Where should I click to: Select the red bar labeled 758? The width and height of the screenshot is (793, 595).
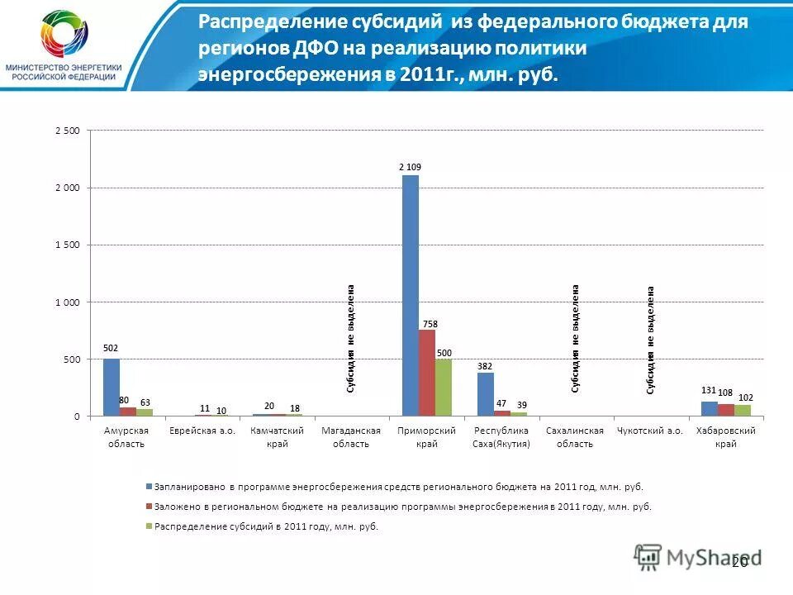427,373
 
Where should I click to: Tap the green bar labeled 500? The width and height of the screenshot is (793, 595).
444,388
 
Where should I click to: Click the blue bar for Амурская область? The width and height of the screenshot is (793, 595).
112,388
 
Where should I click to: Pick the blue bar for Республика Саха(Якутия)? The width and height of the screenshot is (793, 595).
486,394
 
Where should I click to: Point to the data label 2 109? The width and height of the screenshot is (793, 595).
411,167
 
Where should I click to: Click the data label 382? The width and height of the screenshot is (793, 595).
485,364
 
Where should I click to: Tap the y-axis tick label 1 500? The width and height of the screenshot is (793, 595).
68,245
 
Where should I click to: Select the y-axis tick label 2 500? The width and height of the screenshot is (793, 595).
68,131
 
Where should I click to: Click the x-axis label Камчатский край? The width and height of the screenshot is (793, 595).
277,436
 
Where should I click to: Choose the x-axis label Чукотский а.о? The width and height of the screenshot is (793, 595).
650,431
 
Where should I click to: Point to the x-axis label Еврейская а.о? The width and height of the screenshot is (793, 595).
202,431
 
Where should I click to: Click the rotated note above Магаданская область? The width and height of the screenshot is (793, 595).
351,338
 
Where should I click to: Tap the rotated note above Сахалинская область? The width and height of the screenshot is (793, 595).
576,338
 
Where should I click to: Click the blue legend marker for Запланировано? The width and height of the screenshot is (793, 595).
149,487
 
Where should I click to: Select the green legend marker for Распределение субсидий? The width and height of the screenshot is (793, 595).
149,526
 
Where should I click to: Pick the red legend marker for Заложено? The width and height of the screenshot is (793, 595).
149,507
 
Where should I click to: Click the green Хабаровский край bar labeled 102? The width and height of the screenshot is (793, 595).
743,410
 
